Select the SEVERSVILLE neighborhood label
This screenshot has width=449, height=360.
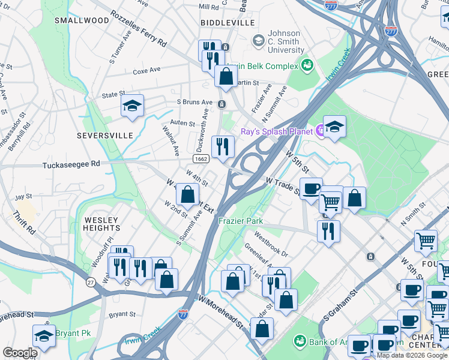[x=104, y=136]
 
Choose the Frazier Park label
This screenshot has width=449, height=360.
[x=241, y=221]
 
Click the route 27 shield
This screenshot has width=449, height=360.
[x=90, y=282]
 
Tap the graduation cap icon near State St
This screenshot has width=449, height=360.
[x=132, y=106]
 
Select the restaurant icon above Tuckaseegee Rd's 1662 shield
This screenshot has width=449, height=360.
[x=222, y=146]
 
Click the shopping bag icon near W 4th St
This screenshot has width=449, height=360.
[x=187, y=194]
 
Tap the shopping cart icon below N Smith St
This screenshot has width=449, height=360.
[x=426, y=241]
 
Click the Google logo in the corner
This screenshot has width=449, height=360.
[x=20, y=352]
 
